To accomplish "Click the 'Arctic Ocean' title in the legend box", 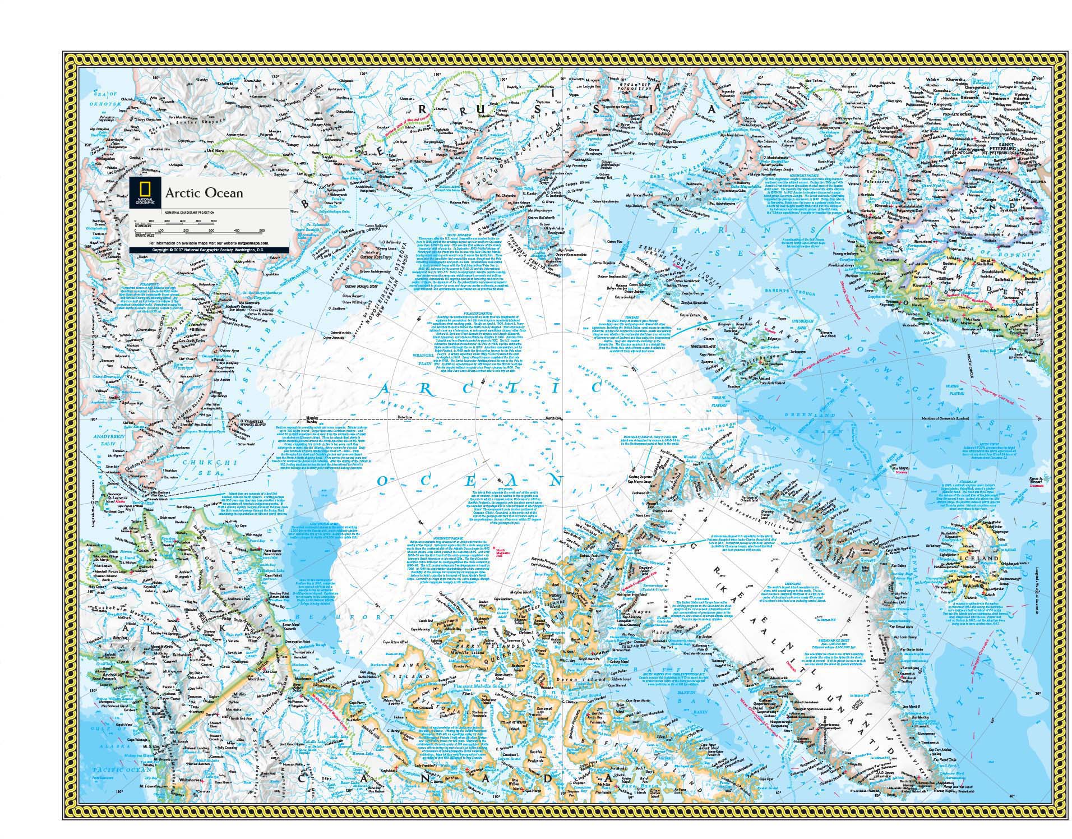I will point(204,193).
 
